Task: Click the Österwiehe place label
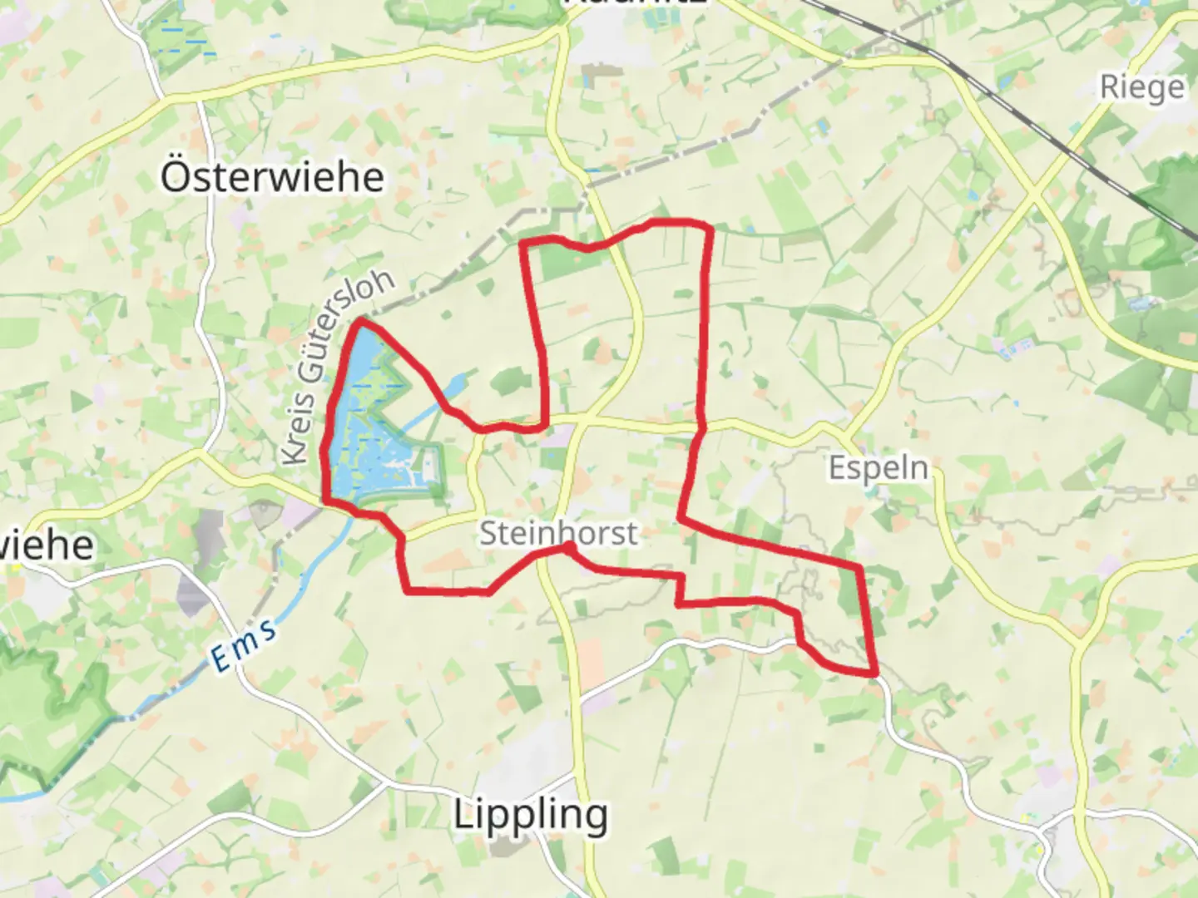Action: (x=272, y=177)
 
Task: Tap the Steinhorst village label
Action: (x=559, y=533)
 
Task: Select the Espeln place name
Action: (x=879, y=467)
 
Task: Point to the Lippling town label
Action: (x=531, y=814)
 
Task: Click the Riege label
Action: (x=1141, y=86)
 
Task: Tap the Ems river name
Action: (x=244, y=646)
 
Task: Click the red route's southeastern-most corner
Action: (x=874, y=672)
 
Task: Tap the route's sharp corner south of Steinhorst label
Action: (x=569, y=547)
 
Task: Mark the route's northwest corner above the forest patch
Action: (x=522, y=244)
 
